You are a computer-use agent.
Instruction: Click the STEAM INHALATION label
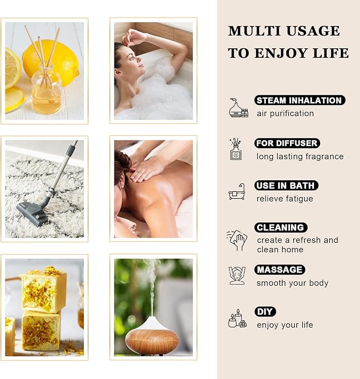click(300, 100)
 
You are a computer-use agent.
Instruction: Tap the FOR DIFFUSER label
click(287, 143)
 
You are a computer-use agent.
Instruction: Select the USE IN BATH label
click(286, 186)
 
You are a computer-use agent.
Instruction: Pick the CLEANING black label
click(280, 227)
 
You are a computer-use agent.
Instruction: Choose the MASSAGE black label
click(279, 269)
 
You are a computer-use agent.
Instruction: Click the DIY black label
click(265, 312)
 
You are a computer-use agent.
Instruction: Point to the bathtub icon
click(237, 192)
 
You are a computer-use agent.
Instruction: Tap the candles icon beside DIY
click(238, 319)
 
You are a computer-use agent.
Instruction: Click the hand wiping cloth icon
click(237, 240)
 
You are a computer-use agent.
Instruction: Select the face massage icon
click(237, 275)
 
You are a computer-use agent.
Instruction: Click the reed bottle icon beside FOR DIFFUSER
click(236, 149)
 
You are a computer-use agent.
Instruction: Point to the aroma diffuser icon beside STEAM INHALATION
click(239, 108)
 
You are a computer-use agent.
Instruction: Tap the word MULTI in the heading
click(254, 31)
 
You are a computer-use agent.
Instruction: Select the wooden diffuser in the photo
click(152, 335)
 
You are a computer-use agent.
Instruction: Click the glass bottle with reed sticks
click(46, 90)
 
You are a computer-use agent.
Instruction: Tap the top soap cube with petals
click(43, 289)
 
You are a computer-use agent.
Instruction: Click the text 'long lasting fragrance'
click(300, 156)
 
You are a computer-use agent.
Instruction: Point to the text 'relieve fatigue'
click(285, 199)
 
